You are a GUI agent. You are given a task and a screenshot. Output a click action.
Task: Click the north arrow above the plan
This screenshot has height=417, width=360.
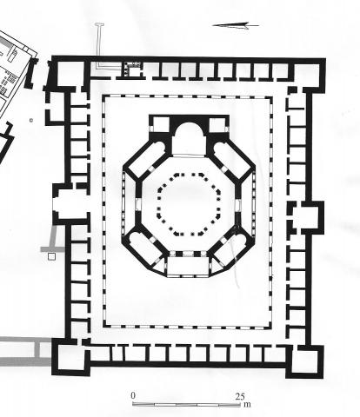[x=236, y=26]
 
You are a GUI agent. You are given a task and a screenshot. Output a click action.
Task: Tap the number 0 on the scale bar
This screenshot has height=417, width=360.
[x=133, y=395]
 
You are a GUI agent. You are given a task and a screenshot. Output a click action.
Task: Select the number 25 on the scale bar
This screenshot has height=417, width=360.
[x=240, y=396]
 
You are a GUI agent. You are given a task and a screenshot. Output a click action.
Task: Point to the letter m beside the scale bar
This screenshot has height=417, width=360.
[x=247, y=404]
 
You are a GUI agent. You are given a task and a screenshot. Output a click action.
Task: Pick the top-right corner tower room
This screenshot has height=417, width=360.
[x=307, y=76]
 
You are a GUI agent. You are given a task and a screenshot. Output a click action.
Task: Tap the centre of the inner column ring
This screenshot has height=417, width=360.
[x=189, y=204]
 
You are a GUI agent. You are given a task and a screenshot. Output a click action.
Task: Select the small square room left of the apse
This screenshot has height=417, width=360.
[x=160, y=125]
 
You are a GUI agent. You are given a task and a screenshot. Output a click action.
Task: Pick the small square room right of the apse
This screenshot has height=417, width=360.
[x=217, y=125]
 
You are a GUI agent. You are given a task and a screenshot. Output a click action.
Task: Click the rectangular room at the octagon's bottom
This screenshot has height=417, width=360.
[x=188, y=266]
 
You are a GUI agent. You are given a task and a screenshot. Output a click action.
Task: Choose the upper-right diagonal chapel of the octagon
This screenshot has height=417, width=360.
[x=231, y=158]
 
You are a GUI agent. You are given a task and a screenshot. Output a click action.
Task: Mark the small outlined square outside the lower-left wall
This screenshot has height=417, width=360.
[x=51, y=256]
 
